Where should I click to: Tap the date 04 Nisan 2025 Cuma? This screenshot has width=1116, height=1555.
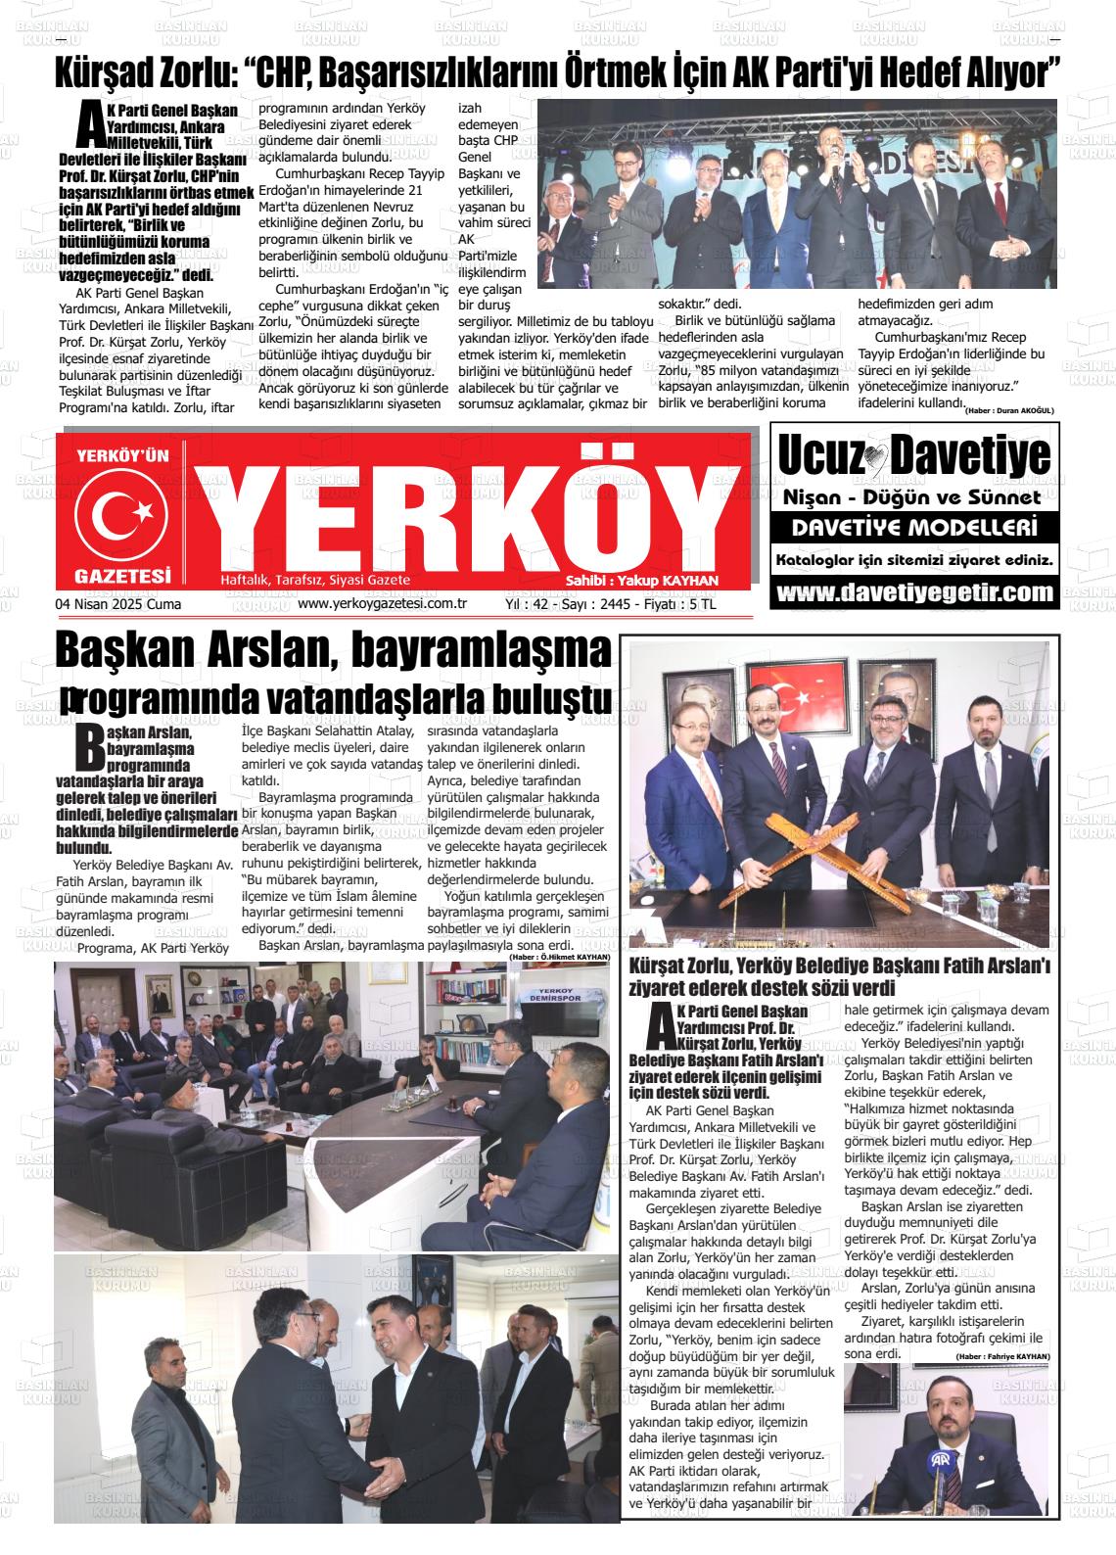click(118, 604)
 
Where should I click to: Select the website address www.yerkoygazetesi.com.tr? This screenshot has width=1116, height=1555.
click(382, 604)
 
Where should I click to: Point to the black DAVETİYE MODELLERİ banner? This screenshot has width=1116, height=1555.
click(914, 529)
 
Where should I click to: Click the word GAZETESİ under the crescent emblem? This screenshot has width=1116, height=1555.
click(122, 577)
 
